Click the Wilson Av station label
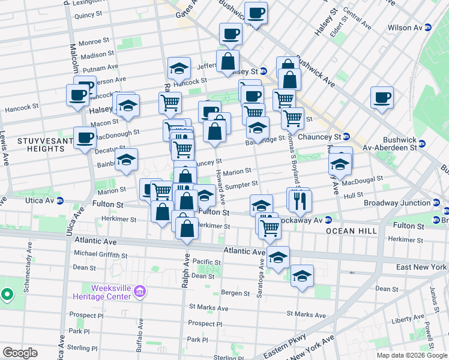click(x=405, y=28)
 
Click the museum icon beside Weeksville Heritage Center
click(x=140, y=292)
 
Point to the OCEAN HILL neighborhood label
click(x=352, y=230)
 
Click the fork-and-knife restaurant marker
click(x=300, y=201)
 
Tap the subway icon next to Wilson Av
click(x=427, y=28)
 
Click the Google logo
click(x=20, y=352)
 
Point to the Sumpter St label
click(x=241, y=184)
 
